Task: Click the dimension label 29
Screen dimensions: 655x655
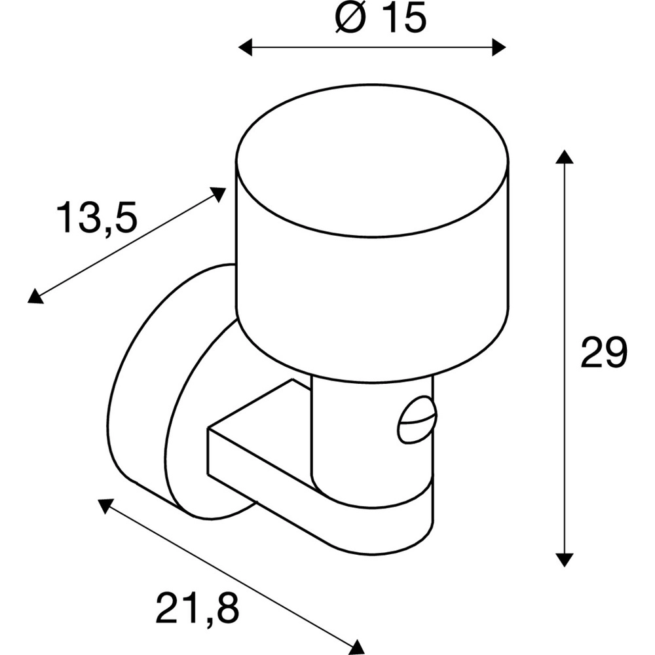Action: pyautogui.click(x=604, y=352)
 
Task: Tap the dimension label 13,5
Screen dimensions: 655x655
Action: pyautogui.click(x=96, y=218)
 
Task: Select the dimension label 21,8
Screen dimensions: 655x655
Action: pyautogui.click(x=197, y=608)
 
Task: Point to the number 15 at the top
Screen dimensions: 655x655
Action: pyautogui.click(x=404, y=18)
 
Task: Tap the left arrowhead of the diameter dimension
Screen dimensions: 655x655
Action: pyautogui.click(x=245, y=47)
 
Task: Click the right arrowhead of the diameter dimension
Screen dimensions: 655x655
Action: pyautogui.click(x=499, y=47)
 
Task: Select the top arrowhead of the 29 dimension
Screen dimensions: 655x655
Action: pyautogui.click(x=564, y=157)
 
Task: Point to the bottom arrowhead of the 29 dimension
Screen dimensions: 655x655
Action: pyautogui.click(x=564, y=559)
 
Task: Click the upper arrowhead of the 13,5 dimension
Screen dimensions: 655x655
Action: pyautogui.click(x=217, y=194)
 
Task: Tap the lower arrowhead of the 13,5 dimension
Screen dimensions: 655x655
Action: pyautogui.click(x=35, y=296)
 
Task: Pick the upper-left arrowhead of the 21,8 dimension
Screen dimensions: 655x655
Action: pyautogui.click(x=105, y=506)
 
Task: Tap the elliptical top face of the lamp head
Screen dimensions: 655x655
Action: pyautogui.click(x=372, y=161)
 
